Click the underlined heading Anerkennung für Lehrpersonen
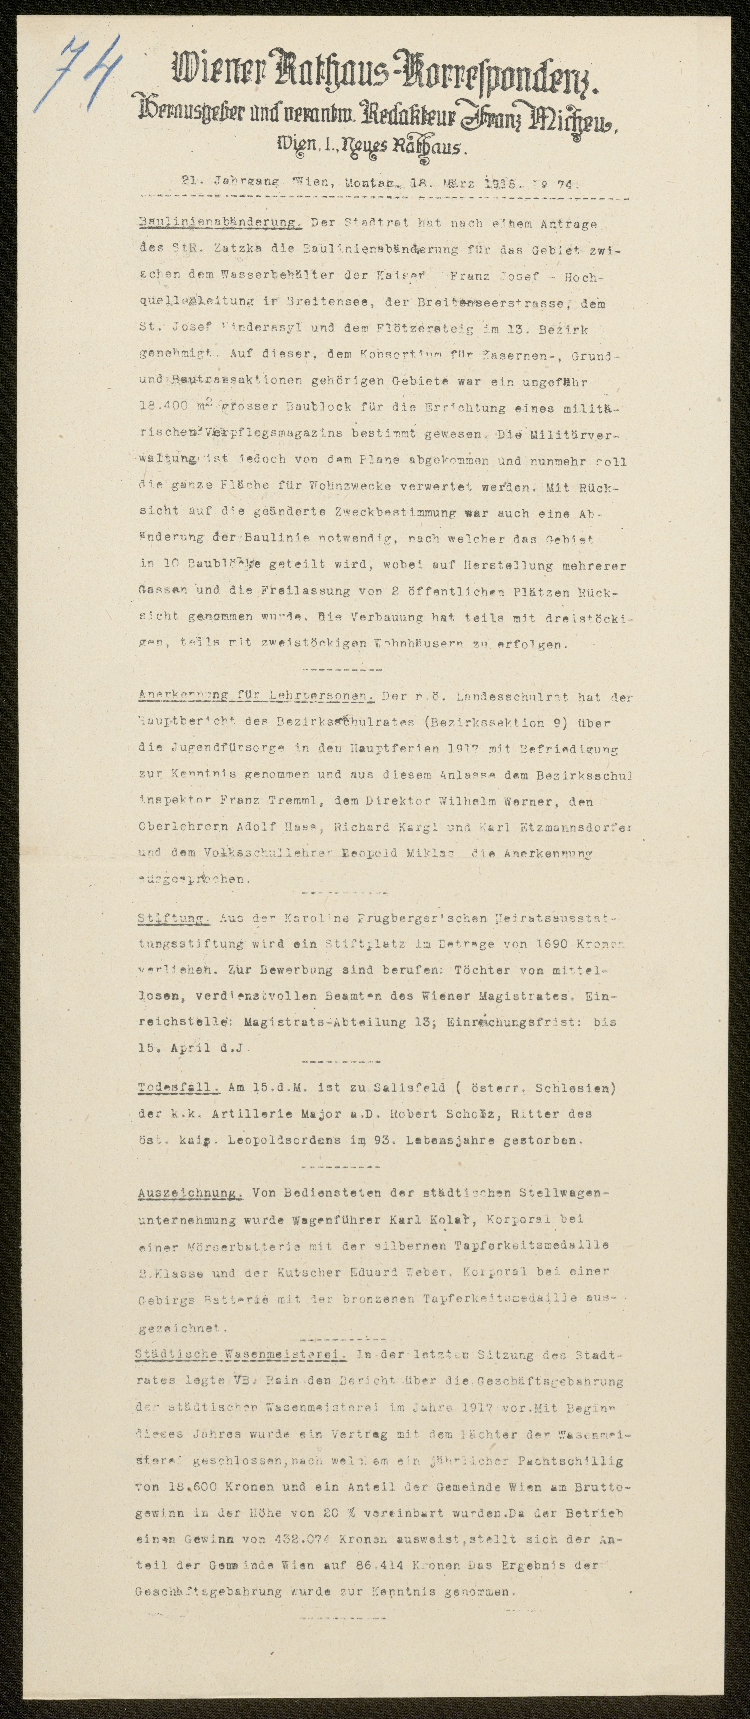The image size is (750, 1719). (x=256, y=697)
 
